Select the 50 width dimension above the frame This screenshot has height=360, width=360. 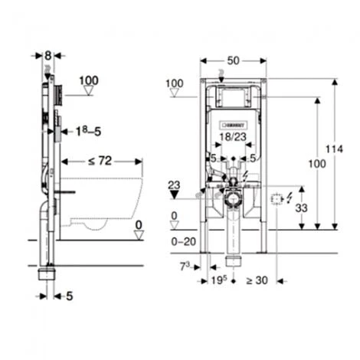pyautogui.click(x=234, y=60)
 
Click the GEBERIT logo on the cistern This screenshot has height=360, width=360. pyautogui.click(x=233, y=123)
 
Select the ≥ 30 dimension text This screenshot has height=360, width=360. pyautogui.click(x=257, y=280)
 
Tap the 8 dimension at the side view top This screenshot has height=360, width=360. pyautogui.click(x=48, y=55)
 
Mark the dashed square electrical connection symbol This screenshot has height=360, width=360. pyautogui.click(x=277, y=201)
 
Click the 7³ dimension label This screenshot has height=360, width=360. pyautogui.click(x=185, y=267)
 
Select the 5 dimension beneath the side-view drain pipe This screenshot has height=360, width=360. pyautogui.click(x=69, y=294)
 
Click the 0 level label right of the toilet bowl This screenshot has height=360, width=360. pyautogui.click(x=138, y=224)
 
